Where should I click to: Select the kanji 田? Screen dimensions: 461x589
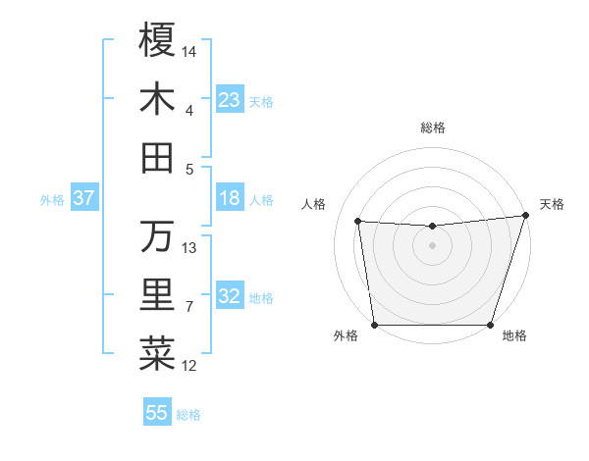[x=157, y=158]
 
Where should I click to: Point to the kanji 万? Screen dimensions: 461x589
[x=157, y=236]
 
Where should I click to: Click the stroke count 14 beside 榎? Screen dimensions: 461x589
[x=189, y=50]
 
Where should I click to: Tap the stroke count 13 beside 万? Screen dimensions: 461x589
[x=189, y=247]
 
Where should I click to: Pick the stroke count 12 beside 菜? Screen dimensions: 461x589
[x=189, y=366]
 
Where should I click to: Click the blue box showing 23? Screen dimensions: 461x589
[x=229, y=99]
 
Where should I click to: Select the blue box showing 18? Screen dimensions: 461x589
[x=229, y=198]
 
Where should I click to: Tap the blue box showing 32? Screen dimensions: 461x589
[x=229, y=296]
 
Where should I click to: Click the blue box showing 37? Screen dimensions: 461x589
[x=83, y=198]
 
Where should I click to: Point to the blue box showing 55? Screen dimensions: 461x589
[x=157, y=413]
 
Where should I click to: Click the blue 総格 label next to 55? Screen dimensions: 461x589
[x=188, y=415]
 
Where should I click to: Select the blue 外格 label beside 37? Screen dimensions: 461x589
[x=52, y=200]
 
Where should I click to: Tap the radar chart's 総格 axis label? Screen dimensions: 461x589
[x=432, y=128]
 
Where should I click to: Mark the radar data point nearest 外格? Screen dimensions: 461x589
[x=374, y=325]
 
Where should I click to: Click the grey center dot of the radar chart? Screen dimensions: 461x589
[x=432, y=246]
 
